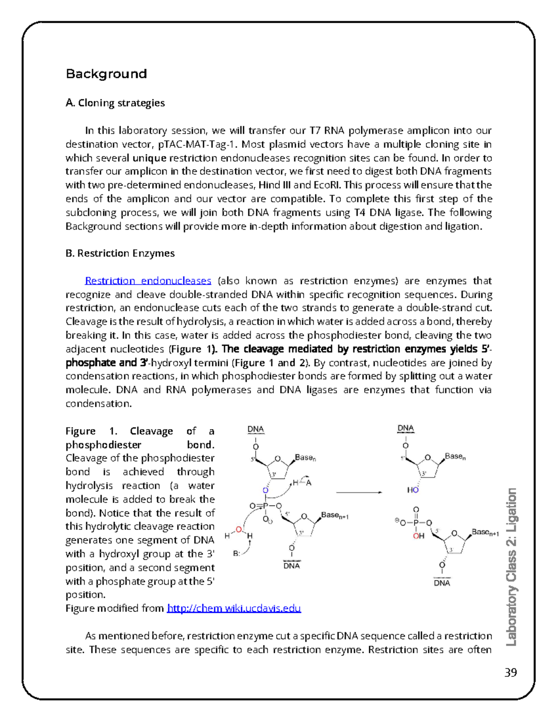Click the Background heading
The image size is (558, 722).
pyautogui.click(x=106, y=74)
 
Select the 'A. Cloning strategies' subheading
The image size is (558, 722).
pyautogui.click(x=115, y=103)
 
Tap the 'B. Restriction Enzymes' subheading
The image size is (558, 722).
pyautogui.click(x=120, y=253)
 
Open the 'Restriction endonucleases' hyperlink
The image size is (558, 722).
pyautogui.click(x=148, y=281)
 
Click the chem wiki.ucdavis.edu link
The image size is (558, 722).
pyautogui.click(x=234, y=608)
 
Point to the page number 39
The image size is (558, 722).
pyautogui.click(x=510, y=673)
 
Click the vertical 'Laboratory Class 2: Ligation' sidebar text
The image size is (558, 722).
pyautogui.click(x=511, y=567)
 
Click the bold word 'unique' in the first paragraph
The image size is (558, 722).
pyautogui.click(x=149, y=158)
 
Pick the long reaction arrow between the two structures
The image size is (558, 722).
pyautogui.click(x=359, y=492)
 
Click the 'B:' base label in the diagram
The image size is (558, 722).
pyautogui.click(x=237, y=554)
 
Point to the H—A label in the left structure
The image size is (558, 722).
pyautogui.click(x=302, y=483)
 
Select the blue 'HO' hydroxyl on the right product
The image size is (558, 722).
pyautogui.click(x=413, y=490)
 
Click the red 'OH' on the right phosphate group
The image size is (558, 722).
pyautogui.click(x=418, y=536)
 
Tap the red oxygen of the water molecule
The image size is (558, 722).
pyautogui.click(x=239, y=530)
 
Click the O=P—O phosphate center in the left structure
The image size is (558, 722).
pyautogui.click(x=265, y=506)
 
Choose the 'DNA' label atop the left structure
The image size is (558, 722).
pyautogui.click(x=255, y=429)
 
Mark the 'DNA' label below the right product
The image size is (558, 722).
pyautogui.click(x=442, y=583)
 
